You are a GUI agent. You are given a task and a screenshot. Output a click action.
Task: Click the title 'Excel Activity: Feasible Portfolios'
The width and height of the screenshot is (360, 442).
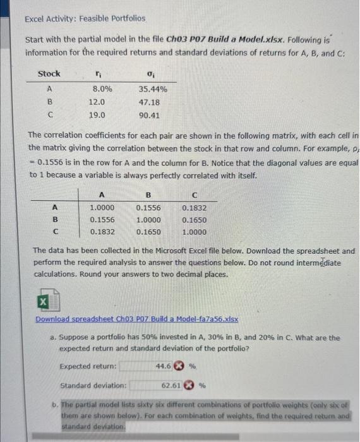[85, 19]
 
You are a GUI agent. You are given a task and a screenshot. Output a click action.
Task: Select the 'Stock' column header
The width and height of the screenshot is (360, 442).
[49, 74]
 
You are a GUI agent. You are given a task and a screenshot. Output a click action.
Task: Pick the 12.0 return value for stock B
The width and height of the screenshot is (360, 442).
[97, 102]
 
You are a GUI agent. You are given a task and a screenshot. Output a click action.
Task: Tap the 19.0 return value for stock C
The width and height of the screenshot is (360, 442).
[97, 115]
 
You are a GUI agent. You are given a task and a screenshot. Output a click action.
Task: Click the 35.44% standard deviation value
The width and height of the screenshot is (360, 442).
[153, 90]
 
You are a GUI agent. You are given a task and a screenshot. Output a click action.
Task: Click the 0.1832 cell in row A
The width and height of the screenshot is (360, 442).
[194, 207]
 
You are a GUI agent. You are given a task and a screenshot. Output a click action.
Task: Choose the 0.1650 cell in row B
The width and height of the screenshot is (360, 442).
[194, 220]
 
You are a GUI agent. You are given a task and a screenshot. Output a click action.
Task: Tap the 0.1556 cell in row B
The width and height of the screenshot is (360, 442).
[102, 220]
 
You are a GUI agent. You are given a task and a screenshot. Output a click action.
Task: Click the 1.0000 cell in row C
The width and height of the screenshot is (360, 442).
[194, 232]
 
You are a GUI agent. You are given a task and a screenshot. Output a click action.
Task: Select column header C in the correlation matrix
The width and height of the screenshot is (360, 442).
[193, 195]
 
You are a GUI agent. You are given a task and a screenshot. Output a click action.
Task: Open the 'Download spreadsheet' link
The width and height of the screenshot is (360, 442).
[136, 320]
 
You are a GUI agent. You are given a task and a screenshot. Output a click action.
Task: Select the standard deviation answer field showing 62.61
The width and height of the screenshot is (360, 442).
[158, 384]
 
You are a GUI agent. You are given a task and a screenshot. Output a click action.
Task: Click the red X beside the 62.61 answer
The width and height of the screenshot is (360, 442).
[188, 384]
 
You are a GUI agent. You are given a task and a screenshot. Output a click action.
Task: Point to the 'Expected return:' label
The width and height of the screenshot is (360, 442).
[88, 366]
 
